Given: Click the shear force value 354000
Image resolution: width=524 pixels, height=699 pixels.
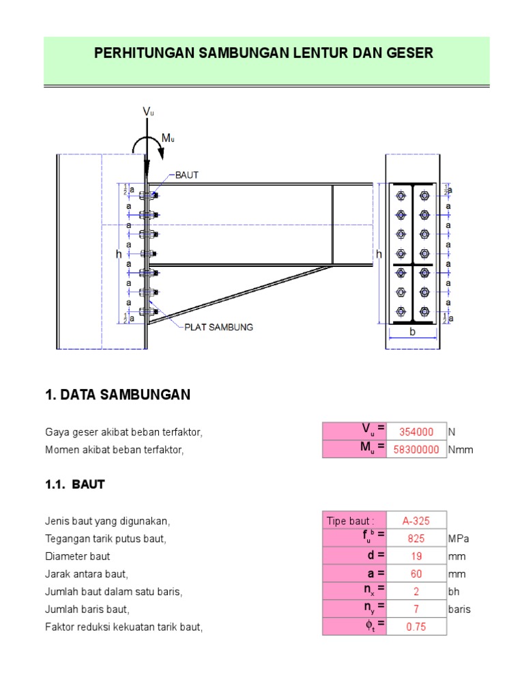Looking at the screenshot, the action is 416,431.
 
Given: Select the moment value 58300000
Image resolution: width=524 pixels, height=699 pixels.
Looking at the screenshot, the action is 416,449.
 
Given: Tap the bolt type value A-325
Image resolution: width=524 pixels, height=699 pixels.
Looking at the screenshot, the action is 416,521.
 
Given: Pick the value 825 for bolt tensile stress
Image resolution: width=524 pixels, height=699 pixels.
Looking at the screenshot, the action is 416,539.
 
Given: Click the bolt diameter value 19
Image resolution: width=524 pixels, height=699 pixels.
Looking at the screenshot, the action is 416,556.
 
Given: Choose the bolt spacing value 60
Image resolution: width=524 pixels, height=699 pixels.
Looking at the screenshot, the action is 416,573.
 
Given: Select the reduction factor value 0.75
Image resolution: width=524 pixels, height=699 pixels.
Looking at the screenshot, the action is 416,627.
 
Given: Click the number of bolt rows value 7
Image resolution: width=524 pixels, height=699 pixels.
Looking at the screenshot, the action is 416,609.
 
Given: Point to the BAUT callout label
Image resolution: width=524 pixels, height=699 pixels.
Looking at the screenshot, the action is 187,175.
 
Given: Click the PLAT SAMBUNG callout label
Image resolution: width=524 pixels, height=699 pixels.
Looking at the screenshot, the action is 219,327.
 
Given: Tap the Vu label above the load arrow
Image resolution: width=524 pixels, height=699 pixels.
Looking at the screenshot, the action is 148,111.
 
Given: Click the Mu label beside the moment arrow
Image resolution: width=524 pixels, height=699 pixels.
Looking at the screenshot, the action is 168,138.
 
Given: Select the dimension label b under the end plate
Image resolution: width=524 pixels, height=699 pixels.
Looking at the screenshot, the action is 413,332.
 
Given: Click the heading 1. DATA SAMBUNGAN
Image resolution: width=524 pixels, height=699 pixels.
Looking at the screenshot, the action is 118,395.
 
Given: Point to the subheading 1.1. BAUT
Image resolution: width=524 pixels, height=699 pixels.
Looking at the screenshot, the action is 75,485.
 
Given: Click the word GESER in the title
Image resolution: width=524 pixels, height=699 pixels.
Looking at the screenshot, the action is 409,53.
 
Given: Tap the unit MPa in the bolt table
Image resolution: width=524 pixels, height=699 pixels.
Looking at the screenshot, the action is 458,539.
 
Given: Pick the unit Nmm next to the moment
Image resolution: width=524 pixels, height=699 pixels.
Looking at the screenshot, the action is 461,449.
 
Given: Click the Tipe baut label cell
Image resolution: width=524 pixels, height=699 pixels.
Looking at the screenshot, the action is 350,521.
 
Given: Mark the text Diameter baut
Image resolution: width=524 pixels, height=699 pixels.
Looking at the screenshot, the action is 78,556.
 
